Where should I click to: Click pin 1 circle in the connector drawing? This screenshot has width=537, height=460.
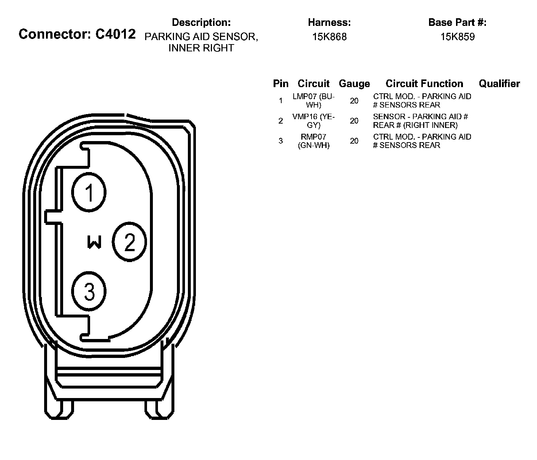(89, 192)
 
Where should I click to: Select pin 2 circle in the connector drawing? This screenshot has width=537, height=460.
(130, 242)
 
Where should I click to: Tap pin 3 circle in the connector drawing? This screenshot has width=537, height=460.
(89, 291)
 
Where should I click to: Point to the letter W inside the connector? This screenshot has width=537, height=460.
(94, 242)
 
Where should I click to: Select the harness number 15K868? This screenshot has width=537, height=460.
(329, 37)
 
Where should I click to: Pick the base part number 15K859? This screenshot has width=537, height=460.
(457, 37)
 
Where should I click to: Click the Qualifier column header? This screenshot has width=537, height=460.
(499, 84)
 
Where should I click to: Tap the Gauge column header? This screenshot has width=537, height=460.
(354, 84)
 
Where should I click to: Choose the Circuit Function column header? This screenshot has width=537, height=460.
(424, 84)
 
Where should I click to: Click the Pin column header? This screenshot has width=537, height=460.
(281, 84)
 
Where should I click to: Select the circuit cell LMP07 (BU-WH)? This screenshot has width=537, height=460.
(314, 101)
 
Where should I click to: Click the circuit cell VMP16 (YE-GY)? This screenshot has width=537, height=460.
(314, 121)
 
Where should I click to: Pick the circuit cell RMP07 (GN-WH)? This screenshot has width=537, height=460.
(314, 141)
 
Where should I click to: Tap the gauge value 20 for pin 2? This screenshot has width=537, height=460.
(354, 121)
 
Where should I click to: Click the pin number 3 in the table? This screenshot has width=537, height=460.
(281, 141)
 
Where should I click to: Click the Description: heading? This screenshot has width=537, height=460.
(201, 23)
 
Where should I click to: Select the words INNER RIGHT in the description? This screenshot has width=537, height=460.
(201, 48)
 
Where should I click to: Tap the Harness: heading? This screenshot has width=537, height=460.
(329, 23)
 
